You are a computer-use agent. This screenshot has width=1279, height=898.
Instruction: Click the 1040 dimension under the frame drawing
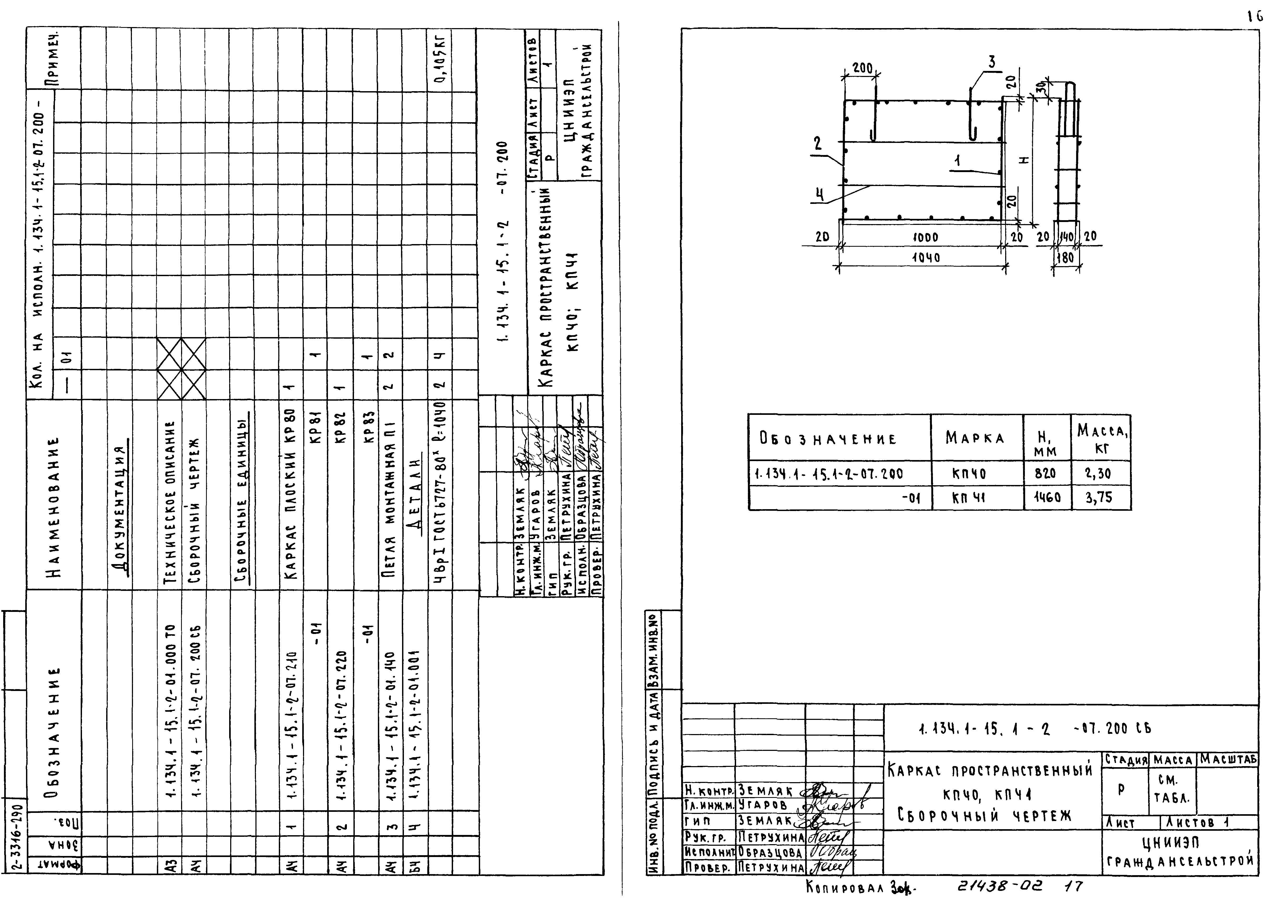tap(926, 258)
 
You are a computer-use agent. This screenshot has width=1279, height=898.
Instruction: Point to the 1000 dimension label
tap(925, 237)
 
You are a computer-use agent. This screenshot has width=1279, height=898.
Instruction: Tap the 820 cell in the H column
tap(1045, 473)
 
